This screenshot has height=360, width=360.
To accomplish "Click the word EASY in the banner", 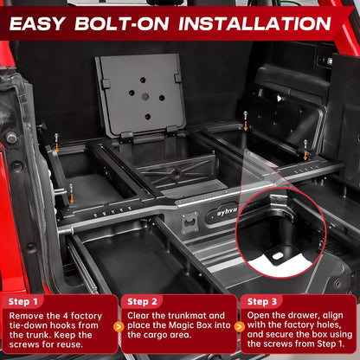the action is pyautogui.click(x=37, y=23).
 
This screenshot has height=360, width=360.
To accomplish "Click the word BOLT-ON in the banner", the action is pyautogui.click(x=122, y=23).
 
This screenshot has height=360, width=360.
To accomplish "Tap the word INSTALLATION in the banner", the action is pyautogui.click(x=255, y=23).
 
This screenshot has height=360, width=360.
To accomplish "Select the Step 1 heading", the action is pyautogui.click(x=23, y=302).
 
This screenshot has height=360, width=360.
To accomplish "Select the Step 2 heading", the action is pyautogui.click(x=142, y=302).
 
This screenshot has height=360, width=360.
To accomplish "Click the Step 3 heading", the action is pyautogui.click(x=262, y=302).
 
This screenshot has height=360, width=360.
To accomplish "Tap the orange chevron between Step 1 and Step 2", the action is pyautogui.click(x=119, y=327).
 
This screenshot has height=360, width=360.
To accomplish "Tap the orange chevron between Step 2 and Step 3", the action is pyautogui.click(x=239, y=327).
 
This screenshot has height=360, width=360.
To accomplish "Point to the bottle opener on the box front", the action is pyautogui.click(x=190, y=222).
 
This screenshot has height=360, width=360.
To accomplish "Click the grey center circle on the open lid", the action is pyautogui.click(x=145, y=97).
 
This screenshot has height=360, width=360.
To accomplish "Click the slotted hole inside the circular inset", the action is pyautogui.click(x=277, y=256).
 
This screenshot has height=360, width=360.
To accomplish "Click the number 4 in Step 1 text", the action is pyautogui.click(x=66, y=316).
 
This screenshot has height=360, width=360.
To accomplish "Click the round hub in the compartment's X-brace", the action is pyautogui.click(x=175, y=173).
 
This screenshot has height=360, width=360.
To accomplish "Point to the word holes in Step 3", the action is pyautogui.click(x=329, y=325).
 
